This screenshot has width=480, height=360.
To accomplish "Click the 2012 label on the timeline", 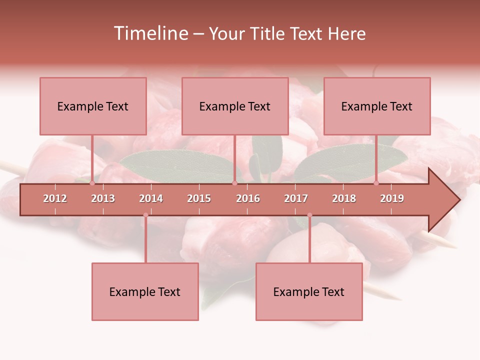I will coord(55,198).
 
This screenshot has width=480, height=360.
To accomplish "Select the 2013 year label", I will coord(103,198).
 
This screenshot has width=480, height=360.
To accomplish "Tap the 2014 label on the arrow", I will coord(151,198).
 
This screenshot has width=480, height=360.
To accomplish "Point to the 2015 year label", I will coord(199,198).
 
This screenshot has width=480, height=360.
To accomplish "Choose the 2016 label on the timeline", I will coord(248,198).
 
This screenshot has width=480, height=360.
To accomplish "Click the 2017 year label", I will coord(296,198).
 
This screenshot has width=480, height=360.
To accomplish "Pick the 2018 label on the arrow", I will coord(344,198).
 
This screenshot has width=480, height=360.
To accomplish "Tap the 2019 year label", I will coord(392,198).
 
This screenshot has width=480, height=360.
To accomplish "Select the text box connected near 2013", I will coord(93,106).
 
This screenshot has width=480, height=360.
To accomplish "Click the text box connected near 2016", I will coord(235,106).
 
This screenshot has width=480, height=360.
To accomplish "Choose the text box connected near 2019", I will coord(377,106).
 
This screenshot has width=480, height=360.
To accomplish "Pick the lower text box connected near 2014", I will coord(145,291).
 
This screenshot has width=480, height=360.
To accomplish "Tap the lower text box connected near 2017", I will coord(309,291).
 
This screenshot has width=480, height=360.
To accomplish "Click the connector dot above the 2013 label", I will coord(92,183).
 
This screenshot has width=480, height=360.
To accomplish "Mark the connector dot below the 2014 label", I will coord(145,215).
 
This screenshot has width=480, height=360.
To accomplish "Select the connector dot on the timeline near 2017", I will coord(309,215).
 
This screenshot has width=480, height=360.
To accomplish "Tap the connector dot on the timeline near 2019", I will coord(376,183).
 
